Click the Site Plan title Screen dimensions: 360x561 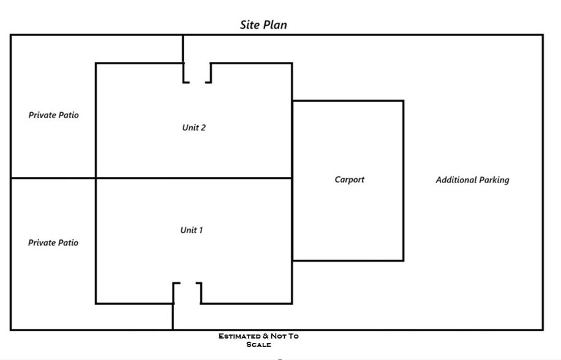tap(263, 25)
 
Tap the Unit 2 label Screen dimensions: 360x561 tap(194, 128)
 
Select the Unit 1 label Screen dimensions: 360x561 tap(192, 230)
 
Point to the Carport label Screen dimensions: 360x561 tap(349, 180)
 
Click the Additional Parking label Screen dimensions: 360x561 tap(472, 180)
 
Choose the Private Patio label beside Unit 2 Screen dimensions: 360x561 tap(53, 115)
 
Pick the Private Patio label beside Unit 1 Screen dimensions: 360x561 tap(53, 243)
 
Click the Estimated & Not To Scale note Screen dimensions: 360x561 tap(258, 340)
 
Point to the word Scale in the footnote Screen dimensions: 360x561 tap(258, 345)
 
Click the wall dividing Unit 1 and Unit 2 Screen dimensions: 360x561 tap(194, 178)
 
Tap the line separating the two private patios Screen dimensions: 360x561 tap(53, 178)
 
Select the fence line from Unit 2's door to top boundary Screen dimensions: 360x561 tap(183, 49)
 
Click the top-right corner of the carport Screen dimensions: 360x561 tap(403, 101)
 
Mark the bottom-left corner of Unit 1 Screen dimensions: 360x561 tap(96, 303)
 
